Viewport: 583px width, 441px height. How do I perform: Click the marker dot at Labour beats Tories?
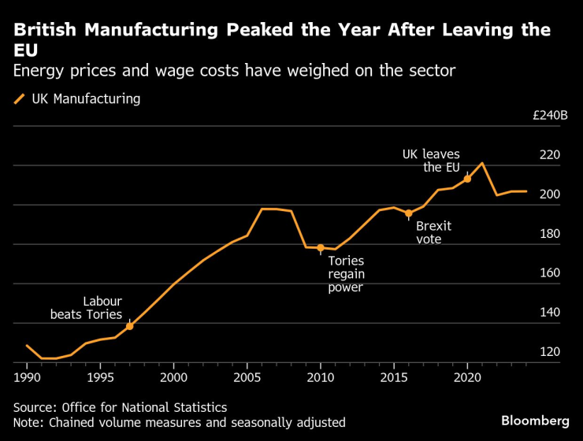tap(129, 325)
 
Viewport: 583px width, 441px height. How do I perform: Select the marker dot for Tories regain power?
tap(321, 248)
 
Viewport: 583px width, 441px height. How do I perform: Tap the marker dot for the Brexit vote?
tap(408, 213)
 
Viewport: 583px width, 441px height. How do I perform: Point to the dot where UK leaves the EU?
tap(467, 179)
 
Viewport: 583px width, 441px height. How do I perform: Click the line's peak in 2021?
tap(482, 163)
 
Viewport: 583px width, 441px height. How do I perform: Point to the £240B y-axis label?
tap(550, 115)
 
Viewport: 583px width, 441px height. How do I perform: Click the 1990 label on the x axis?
tap(27, 376)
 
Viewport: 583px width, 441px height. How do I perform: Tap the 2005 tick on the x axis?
tap(247, 376)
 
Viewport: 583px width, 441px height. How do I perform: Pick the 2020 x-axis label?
tap(467, 376)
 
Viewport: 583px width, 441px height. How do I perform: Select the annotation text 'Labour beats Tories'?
tap(87, 308)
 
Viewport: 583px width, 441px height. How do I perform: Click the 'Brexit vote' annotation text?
tap(433, 232)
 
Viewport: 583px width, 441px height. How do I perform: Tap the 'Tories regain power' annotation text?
tap(347, 273)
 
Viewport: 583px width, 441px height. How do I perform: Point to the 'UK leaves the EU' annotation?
tap(431, 161)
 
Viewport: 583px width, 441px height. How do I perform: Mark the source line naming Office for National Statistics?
tap(120, 407)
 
